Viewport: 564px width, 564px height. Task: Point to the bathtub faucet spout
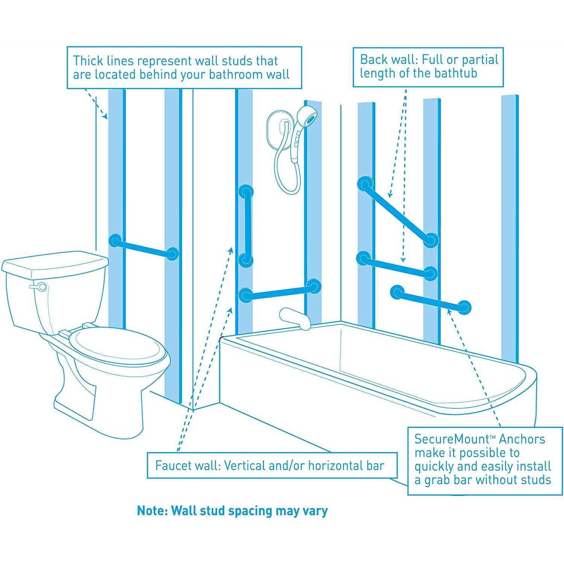click(x=295, y=318)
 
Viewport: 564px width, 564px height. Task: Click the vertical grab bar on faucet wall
click(x=247, y=226)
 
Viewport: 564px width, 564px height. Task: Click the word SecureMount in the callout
click(x=451, y=439)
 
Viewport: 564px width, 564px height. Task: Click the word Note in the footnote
click(x=151, y=511)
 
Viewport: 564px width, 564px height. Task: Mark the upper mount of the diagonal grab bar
click(x=365, y=184)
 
